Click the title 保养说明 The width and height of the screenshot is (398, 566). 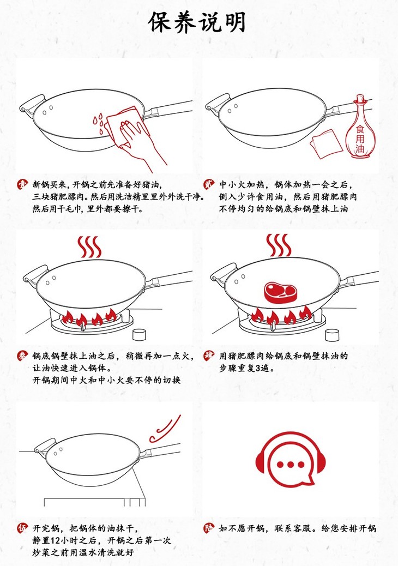click(x=197, y=22)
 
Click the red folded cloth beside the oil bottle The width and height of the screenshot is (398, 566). click(x=326, y=143)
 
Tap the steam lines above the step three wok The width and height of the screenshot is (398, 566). click(x=89, y=246)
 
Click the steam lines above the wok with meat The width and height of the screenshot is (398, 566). click(x=278, y=245)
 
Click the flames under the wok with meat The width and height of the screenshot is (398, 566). click(x=281, y=315)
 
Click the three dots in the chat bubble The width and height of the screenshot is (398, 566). click(x=291, y=464)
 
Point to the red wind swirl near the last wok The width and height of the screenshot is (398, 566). click(x=165, y=429)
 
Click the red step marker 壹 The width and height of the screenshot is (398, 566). click(x=22, y=184)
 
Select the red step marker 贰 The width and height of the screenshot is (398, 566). click(x=209, y=184)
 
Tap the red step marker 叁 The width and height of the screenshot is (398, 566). click(x=22, y=356)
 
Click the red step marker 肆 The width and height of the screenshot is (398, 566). click(x=209, y=356)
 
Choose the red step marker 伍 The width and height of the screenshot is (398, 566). click(x=22, y=528)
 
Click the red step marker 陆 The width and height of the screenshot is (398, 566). click(x=209, y=528)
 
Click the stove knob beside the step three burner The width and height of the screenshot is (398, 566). click(x=139, y=335)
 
